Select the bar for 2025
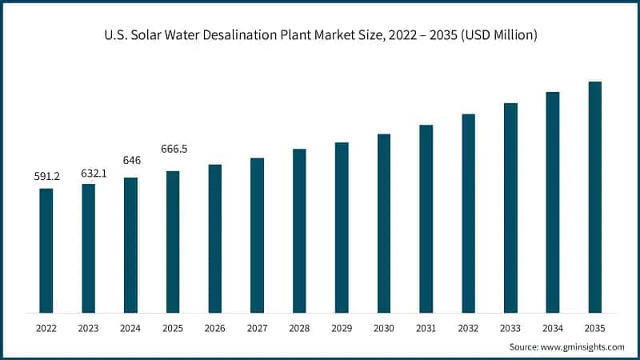173,242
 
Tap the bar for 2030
384,223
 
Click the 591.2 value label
46,177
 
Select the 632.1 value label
89,173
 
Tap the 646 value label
131,161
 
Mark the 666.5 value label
174,149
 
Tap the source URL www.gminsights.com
582,347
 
